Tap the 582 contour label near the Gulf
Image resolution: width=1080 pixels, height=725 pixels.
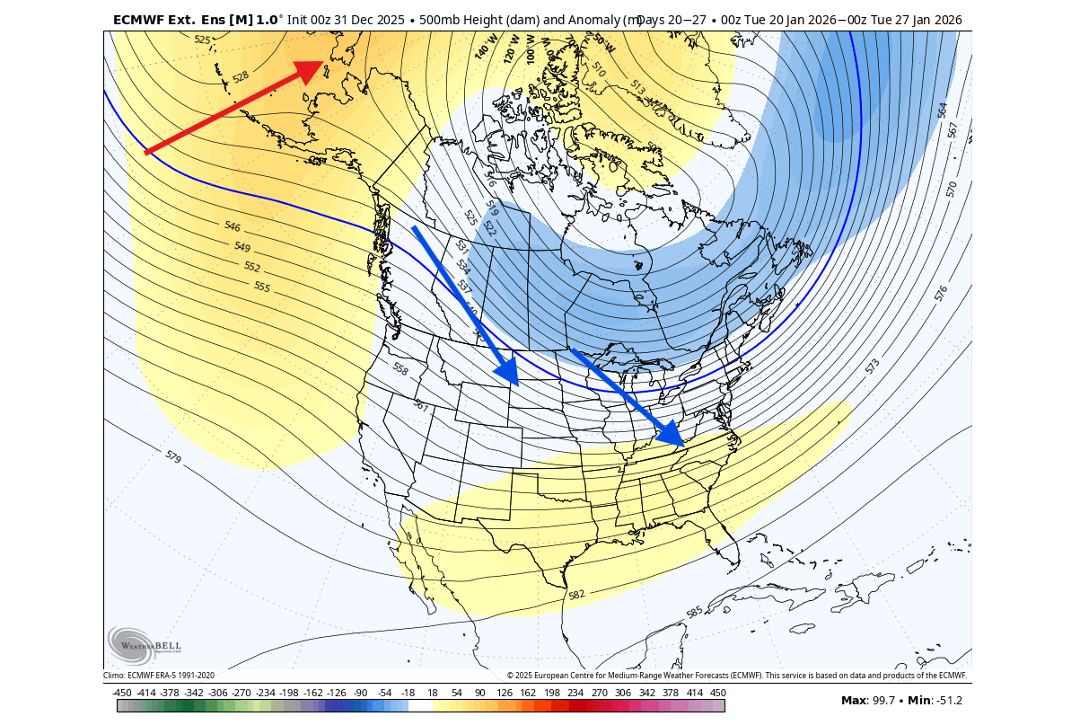(x=576, y=594)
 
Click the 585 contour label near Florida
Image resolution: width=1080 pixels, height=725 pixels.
(x=694, y=613)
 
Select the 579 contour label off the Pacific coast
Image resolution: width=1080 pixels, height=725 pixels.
(x=173, y=456)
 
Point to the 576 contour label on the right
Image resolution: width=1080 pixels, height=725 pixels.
(x=941, y=294)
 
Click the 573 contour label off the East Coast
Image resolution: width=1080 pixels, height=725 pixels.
(x=872, y=367)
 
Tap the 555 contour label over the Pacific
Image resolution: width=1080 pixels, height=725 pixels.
(x=261, y=287)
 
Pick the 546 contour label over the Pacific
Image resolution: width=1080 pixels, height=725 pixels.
(x=232, y=226)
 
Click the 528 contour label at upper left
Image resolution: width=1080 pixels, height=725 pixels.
(x=241, y=77)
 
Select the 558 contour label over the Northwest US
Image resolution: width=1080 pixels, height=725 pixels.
(x=400, y=368)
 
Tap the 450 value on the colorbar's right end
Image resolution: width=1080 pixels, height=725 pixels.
(x=717, y=693)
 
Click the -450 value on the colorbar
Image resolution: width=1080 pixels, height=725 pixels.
(x=122, y=693)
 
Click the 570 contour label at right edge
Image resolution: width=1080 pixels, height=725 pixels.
(x=952, y=189)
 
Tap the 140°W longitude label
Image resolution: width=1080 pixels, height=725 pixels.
(x=485, y=47)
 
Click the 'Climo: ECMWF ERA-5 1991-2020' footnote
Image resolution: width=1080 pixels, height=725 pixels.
(x=159, y=676)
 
